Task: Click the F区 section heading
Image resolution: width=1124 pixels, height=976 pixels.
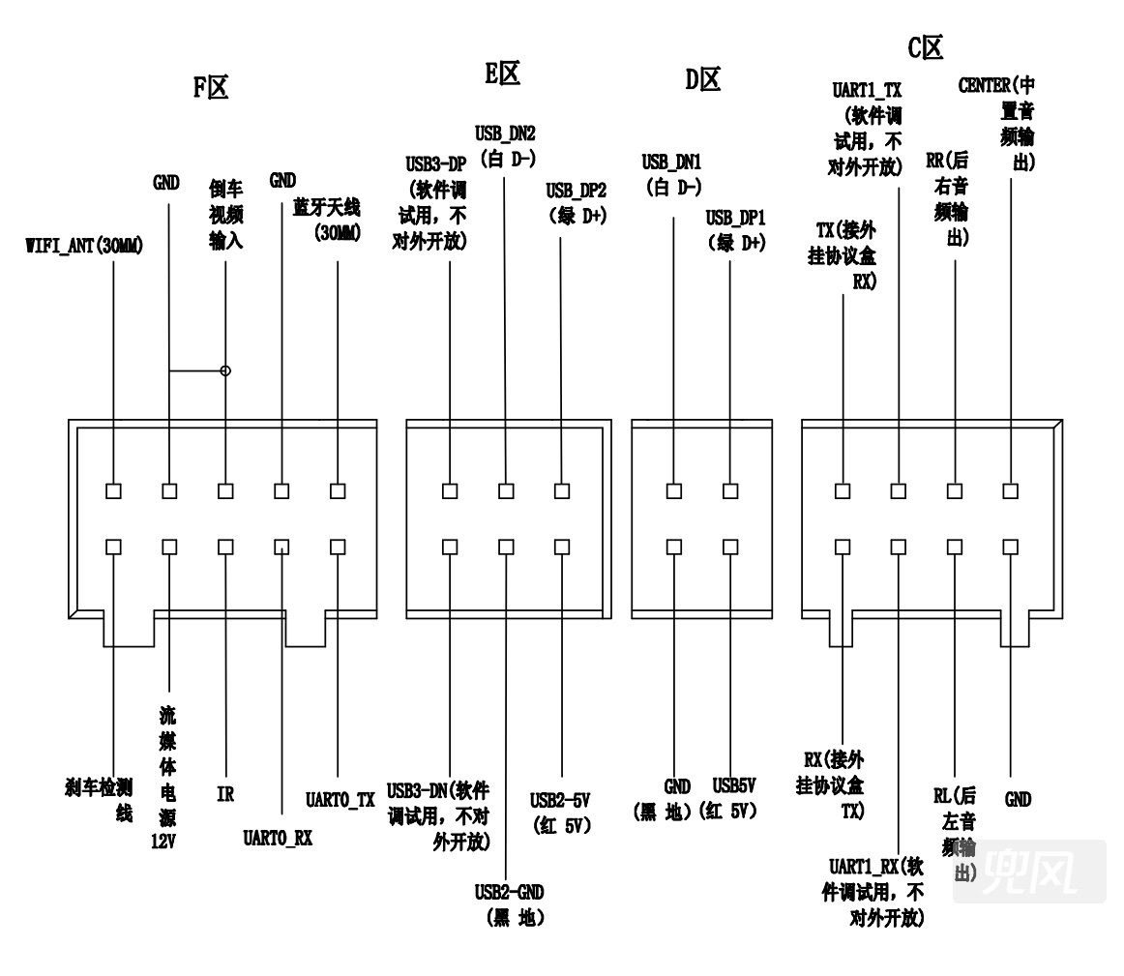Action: point(211,87)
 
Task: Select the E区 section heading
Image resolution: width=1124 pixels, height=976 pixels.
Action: point(502,74)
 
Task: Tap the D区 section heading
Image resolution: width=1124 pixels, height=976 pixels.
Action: point(702,79)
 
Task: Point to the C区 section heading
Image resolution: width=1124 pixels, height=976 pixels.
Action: point(925,48)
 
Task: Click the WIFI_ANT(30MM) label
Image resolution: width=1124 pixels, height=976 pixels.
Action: point(84,246)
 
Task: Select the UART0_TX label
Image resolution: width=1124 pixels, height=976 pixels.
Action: point(340,800)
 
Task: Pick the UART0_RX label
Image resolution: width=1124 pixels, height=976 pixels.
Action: point(279,838)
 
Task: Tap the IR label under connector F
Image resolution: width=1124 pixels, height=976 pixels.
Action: point(225,794)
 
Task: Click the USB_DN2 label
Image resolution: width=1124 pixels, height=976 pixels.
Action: point(505,133)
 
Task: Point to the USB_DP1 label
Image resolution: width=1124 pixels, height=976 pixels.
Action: point(735,217)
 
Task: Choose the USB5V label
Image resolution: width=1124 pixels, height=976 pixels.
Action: point(734,785)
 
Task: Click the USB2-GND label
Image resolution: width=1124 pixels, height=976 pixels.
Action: point(509,892)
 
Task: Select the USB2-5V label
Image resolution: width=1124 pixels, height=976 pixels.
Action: point(560,800)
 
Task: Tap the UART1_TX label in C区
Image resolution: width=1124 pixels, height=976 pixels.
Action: point(867,90)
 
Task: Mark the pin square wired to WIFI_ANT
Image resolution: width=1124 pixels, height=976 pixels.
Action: point(113,490)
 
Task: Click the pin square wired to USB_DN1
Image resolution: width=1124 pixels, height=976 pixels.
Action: point(674,490)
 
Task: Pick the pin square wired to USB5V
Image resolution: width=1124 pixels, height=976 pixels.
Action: point(730,547)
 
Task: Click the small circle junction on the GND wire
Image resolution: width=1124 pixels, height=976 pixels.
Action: point(225,370)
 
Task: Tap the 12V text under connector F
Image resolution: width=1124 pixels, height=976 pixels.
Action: point(163,842)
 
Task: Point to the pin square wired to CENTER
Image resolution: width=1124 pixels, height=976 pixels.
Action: point(1011,490)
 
